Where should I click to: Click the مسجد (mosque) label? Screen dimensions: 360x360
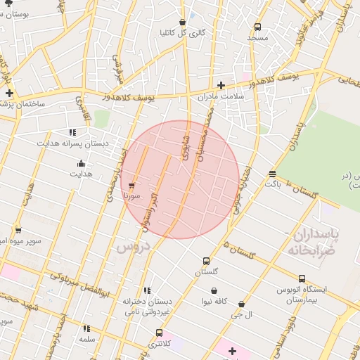(x=257, y=37)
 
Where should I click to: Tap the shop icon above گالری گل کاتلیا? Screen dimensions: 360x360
(x=183, y=22)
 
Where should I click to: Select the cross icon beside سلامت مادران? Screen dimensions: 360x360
(x=221, y=85)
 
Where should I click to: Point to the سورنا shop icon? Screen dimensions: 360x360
(x=131, y=186)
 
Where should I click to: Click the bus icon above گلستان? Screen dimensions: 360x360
(x=206, y=261)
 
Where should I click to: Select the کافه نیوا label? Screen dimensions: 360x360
(x=214, y=301)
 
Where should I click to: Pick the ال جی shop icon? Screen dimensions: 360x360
(x=242, y=304)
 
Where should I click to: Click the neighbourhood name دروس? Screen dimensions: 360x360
(x=134, y=247)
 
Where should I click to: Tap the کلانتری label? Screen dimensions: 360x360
(x=159, y=344)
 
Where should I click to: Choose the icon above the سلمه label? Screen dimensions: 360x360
(x=86, y=328)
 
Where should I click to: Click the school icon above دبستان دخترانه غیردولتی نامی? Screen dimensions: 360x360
(x=147, y=290)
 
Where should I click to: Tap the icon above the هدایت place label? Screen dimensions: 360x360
(x=80, y=164)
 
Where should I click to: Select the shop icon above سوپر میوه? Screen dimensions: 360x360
(x=18, y=230)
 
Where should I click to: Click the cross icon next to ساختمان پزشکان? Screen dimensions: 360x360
(x=9, y=93)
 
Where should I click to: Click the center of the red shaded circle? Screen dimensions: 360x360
(x=180, y=179)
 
